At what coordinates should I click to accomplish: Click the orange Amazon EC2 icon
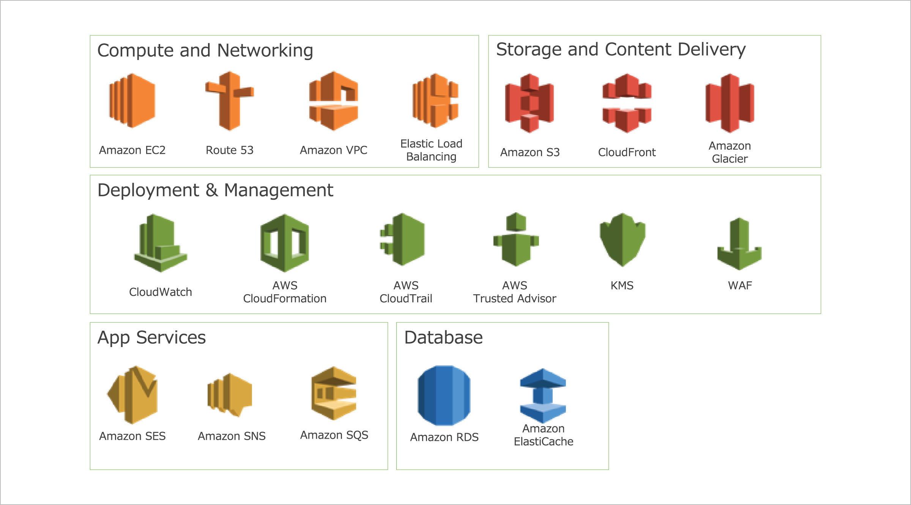click(x=132, y=101)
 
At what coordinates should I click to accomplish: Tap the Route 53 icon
click(x=230, y=101)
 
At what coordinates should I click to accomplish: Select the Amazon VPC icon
click(x=334, y=101)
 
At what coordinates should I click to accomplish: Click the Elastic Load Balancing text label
click(x=431, y=150)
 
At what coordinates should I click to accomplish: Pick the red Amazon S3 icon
click(x=530, y=103)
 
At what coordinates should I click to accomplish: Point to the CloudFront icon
click(x=627, y=103)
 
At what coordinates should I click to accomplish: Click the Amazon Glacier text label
click(x=730, y=152)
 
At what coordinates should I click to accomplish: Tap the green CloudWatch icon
click(x=161, y=243)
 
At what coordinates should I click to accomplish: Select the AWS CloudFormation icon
click(x=285, y=243)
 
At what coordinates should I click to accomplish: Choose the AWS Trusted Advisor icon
click(x=516, y=239)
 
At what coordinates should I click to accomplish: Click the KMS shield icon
click(x=623, y=239)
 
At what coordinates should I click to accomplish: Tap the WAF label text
click(x=740, y=286)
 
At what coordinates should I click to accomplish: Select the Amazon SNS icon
click(x=230, y=395)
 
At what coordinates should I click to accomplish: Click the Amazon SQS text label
click(x=334, y=435)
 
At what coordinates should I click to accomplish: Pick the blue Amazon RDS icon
click(x=444, y=395)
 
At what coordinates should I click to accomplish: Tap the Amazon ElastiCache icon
click(x=543, y=395)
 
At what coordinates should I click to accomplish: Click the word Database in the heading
click(x=443, y=338)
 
